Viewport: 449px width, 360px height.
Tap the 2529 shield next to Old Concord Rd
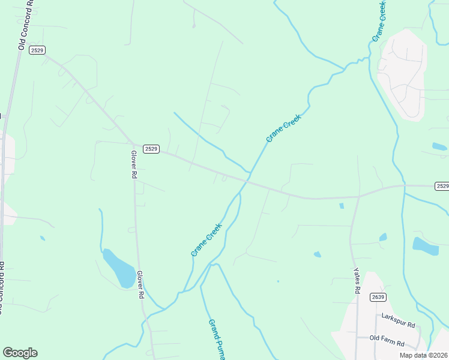(37, 50)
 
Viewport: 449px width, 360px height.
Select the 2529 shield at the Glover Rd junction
(151, 148)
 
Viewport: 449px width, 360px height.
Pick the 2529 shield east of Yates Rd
(442, 186)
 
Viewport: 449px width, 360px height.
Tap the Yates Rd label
(357, 281)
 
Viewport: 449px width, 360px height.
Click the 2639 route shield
(378, 297)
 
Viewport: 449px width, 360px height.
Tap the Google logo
(20, 353)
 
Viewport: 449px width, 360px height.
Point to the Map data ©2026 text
(423, 355)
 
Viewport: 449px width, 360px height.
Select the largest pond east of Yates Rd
(425, 245)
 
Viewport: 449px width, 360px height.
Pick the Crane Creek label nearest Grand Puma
(206, 240)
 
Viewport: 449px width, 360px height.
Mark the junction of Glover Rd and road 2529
(133, 144)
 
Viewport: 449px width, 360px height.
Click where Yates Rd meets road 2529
(359, 196)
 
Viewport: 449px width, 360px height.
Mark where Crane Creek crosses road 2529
(247, 179)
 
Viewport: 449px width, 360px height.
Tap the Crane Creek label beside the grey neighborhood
(378, 21)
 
